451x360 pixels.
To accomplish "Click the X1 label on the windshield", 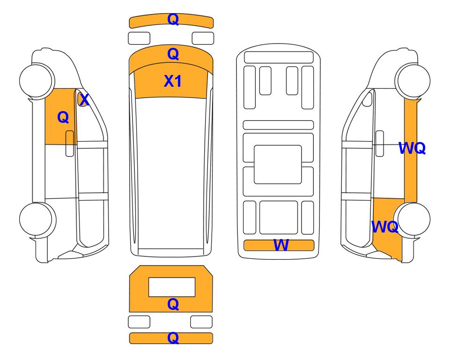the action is click(x=172, y=81).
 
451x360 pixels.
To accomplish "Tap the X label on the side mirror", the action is click(x=84, y=100).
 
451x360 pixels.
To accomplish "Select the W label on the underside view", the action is click(x=281, y=245).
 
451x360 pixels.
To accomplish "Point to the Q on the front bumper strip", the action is click(x=173, y=19).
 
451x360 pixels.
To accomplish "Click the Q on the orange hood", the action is click(x=173, y=54).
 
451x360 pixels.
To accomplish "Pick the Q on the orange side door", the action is click(x=63, y=118).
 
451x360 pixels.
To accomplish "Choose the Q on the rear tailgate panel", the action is click(x=173, y=304).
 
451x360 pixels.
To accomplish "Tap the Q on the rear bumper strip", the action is click(x=173, y=338).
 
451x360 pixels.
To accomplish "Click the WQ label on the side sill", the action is click(x=412, y=148).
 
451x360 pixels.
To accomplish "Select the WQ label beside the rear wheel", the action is click(x=385, y=227).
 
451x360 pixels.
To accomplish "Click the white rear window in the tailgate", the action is click(x=172, y=287).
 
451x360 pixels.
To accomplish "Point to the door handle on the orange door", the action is click(x=70, y=143).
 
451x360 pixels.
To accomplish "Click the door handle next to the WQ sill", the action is click(x=380, y=143).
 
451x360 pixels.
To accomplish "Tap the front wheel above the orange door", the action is click(x=37, y=80).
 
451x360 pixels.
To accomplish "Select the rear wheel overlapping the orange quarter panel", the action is click(x=412, y=219).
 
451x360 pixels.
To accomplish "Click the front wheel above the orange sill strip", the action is click(x=413, y=80).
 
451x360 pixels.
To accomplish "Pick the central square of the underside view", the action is click(x=278, y=165).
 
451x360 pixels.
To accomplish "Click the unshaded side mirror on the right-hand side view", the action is click(x=367, y=99).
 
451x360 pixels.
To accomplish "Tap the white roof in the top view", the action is click(x=171, y=173).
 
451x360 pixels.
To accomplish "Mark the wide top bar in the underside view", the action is click(x=279, y=57).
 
